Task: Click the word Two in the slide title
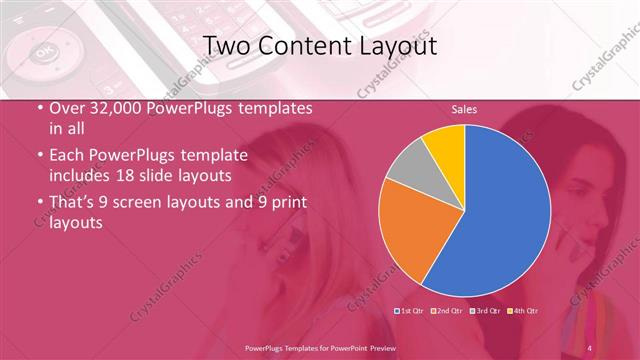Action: click(x=226, y=46)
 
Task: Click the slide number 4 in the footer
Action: click(x=589, y=347)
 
